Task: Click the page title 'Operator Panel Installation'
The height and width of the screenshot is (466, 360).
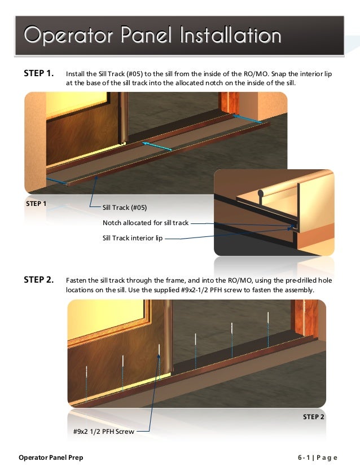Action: pos(152,36)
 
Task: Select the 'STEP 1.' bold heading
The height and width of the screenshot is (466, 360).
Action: pos(39,73)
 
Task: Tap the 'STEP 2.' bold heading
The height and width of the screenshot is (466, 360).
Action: pos(39,279)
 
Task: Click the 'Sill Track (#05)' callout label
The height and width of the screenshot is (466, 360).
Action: pos(125,208)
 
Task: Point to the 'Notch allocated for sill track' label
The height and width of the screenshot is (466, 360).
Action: pos(145,223)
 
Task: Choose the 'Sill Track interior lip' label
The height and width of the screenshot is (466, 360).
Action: pos(133,238)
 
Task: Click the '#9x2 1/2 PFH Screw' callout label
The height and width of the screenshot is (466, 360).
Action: pos(104,432)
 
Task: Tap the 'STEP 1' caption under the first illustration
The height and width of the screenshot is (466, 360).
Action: pos(37,203)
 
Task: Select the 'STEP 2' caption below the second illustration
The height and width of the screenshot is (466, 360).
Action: pos(314,417)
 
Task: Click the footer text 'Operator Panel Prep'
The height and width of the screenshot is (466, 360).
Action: pos(51,458)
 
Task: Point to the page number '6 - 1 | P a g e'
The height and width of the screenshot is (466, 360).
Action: pos(318,458)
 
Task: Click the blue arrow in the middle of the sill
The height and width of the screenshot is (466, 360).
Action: pos(156,146)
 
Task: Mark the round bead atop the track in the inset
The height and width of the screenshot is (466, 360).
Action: pos(260,194)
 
